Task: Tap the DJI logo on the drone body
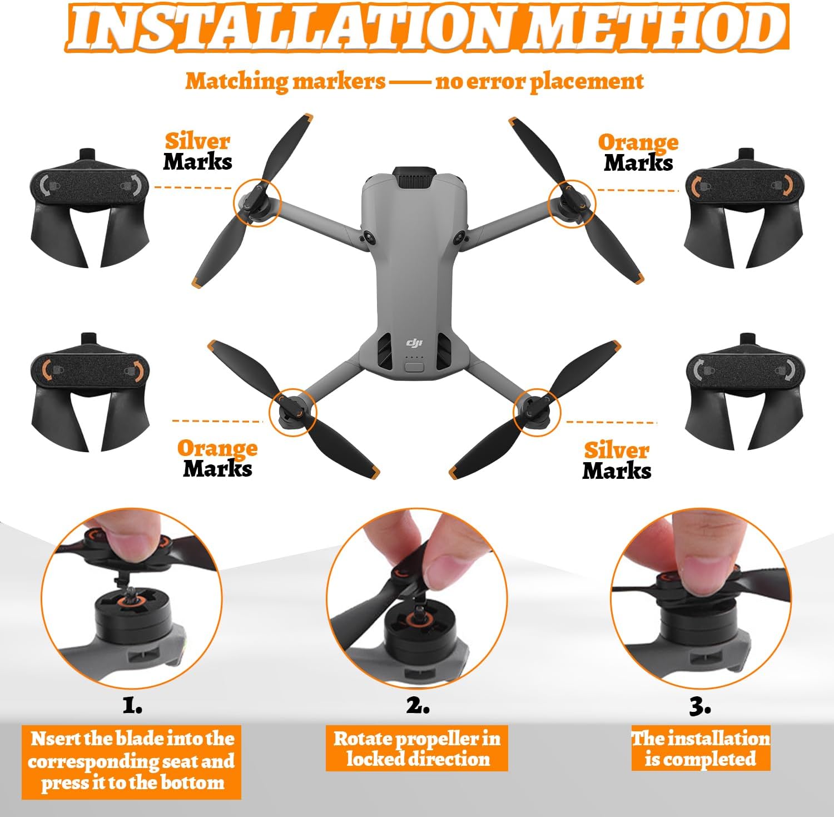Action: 414,343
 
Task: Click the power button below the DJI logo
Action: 414,367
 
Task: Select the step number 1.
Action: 132,706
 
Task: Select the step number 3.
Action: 700,706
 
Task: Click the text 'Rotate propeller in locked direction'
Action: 417,749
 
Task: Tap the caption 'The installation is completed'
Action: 701,749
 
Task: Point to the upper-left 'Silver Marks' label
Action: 197,151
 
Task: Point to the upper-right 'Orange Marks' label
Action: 638,152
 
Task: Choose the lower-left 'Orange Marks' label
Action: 217,459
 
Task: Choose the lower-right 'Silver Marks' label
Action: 617,461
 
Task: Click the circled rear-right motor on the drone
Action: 537,412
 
